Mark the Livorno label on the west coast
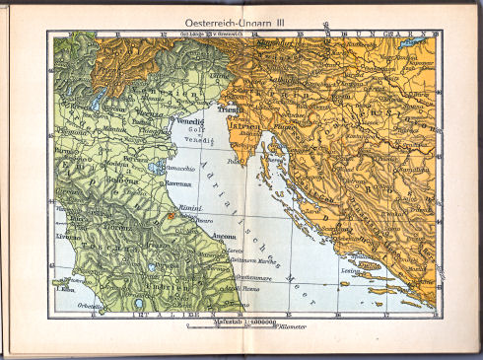(68, 237)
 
